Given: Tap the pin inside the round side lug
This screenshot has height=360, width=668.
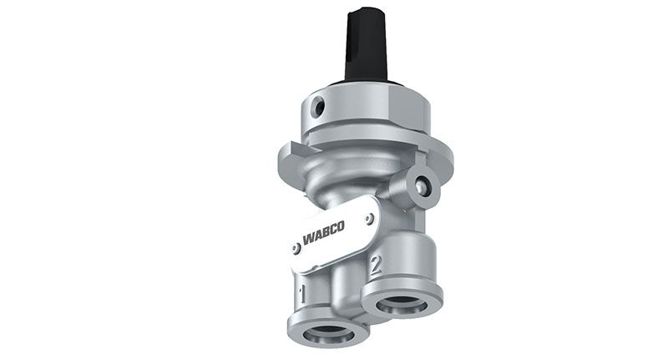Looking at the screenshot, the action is click(x=422, y=185).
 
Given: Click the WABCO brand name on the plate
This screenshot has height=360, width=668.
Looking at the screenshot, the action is click(x=323, y=233).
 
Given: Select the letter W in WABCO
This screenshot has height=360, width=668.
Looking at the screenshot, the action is click(x=308, y=239).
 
